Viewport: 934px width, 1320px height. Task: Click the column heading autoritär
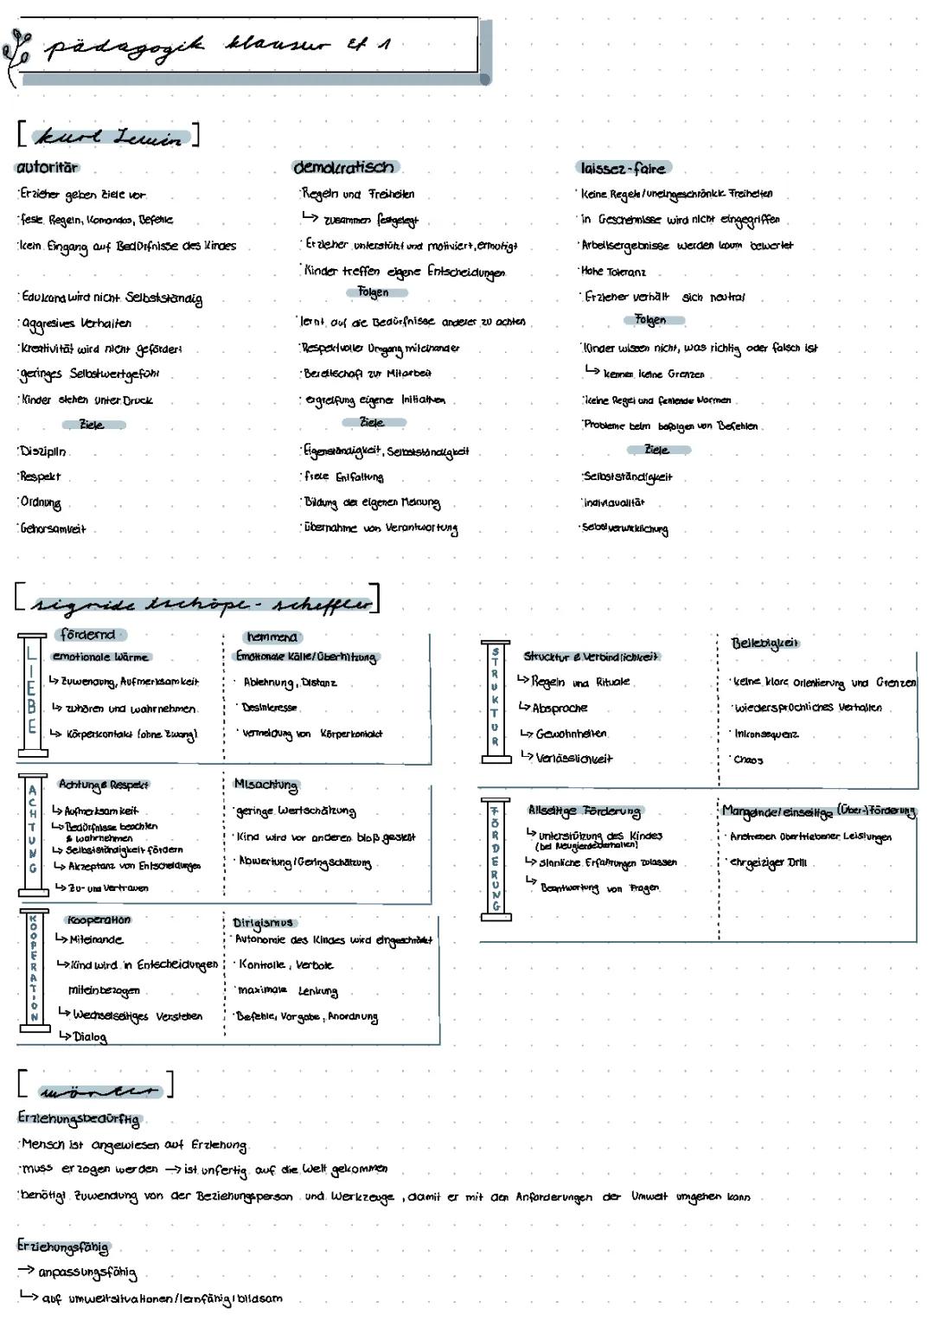(47, 167)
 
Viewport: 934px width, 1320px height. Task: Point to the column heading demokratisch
(343, 167)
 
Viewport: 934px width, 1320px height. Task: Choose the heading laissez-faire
(623, 168)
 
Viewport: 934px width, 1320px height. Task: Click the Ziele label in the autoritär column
(92, 425)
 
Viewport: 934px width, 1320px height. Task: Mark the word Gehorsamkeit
(54, 529)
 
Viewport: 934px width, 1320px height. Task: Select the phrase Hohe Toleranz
(613, 272)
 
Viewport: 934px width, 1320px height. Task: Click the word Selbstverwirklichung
(625, 529)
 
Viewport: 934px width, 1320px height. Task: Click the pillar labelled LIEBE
(31, 695)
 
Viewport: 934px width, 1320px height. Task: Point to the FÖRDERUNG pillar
(496, 856)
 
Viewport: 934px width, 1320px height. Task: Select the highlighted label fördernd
(89, 635)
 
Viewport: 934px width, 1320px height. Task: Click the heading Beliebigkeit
(764, 643)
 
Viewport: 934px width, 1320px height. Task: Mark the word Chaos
(748, 760)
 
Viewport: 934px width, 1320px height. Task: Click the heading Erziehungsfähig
(62, 1246)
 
